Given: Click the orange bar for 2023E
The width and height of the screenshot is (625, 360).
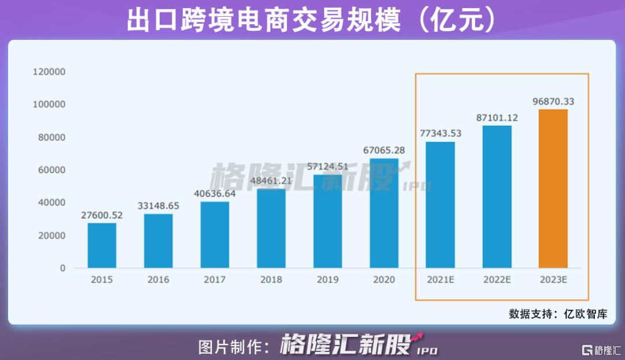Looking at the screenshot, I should click(x=553, y=189).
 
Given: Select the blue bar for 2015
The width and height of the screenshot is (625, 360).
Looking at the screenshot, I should click(x=102, y=245).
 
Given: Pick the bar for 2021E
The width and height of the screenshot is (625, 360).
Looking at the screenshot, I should click(x=440, y=205).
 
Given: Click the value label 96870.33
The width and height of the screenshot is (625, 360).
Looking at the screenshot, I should click(x=553, y=101).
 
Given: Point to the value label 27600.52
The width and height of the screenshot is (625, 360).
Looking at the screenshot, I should click(x=102, y=215).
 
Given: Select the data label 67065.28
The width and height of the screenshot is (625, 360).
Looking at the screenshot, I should click(x=384, y=150).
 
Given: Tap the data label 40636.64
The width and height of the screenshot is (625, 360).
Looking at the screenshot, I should click(x=215, y=194).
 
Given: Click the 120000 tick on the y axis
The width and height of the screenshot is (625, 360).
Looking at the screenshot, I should click(x=49, y=72).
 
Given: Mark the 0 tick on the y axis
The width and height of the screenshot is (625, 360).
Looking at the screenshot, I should click(x=62, y=269).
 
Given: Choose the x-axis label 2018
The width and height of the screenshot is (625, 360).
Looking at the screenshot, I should click(x=271, y=280).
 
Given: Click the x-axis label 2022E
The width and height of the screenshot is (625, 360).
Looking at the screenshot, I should click(x=497, y=280).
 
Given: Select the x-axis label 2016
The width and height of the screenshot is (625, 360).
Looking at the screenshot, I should click(x=158, y=280).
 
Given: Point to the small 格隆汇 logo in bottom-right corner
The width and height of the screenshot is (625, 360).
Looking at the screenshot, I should click(x=601, y=350).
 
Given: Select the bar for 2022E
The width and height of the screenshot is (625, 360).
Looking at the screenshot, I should click(x=497, y=197).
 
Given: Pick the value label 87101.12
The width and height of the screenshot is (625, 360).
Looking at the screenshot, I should click(x=497, y=117).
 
